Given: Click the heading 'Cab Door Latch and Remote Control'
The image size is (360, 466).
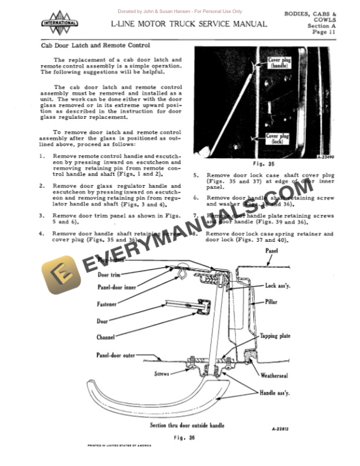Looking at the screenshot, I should (x=95, y=45).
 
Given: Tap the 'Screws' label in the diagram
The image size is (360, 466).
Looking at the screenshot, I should (x=162, y=374).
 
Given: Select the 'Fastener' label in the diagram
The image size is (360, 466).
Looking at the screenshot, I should (x=106, y=304).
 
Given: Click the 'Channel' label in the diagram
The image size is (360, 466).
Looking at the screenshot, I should (x=105, y=338).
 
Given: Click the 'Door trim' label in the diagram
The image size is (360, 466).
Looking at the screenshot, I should (x=110, y=275).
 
